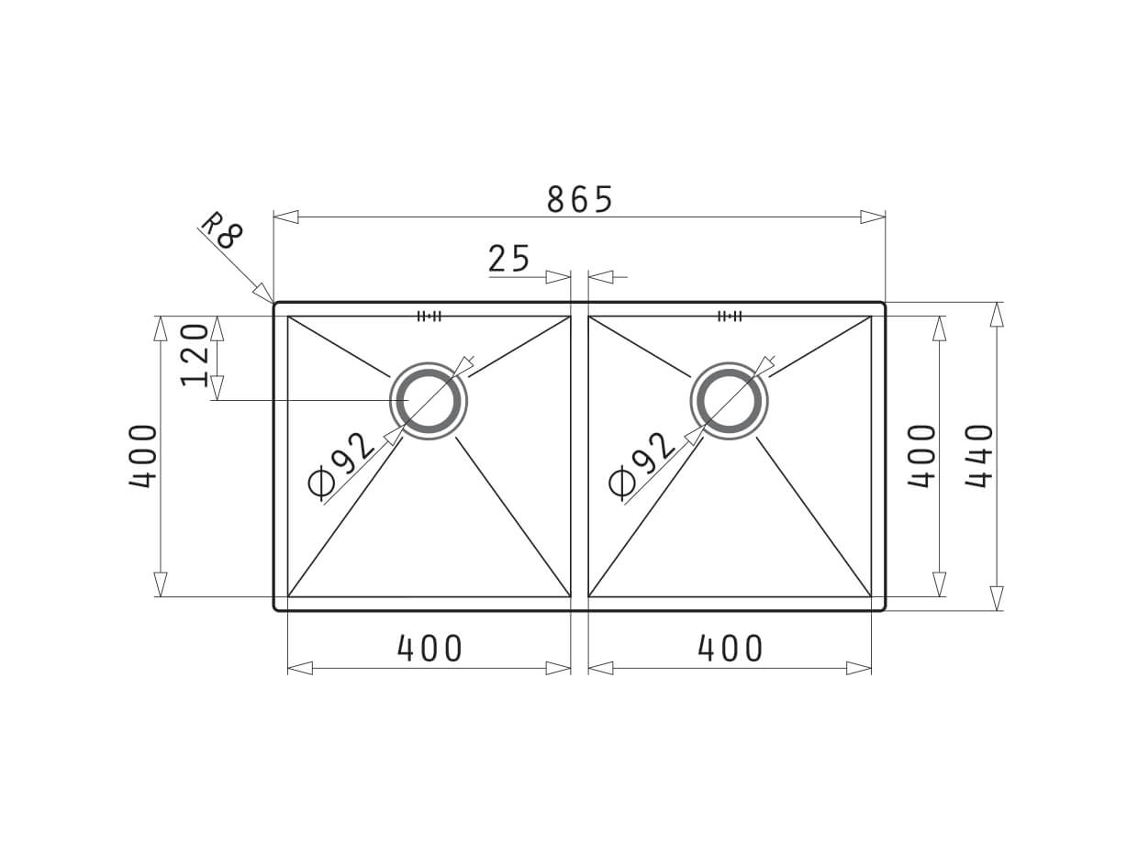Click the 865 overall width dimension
[579, 199]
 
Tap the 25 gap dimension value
[509, 260]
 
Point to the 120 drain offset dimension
[195, 355]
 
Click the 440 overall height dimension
[979, 456]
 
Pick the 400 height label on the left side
[143, 456]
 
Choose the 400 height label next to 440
[921, 456]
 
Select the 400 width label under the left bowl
[430, 649]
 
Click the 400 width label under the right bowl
[731, 649]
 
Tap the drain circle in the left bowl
[429, 401]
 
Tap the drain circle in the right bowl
[730, 401]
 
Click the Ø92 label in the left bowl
[341, 464]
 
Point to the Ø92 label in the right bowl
[642, 464]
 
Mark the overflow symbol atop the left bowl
[430, 317]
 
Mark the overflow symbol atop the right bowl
[730, 317]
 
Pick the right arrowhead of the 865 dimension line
[872, 217]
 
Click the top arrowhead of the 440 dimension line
[997, 314]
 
